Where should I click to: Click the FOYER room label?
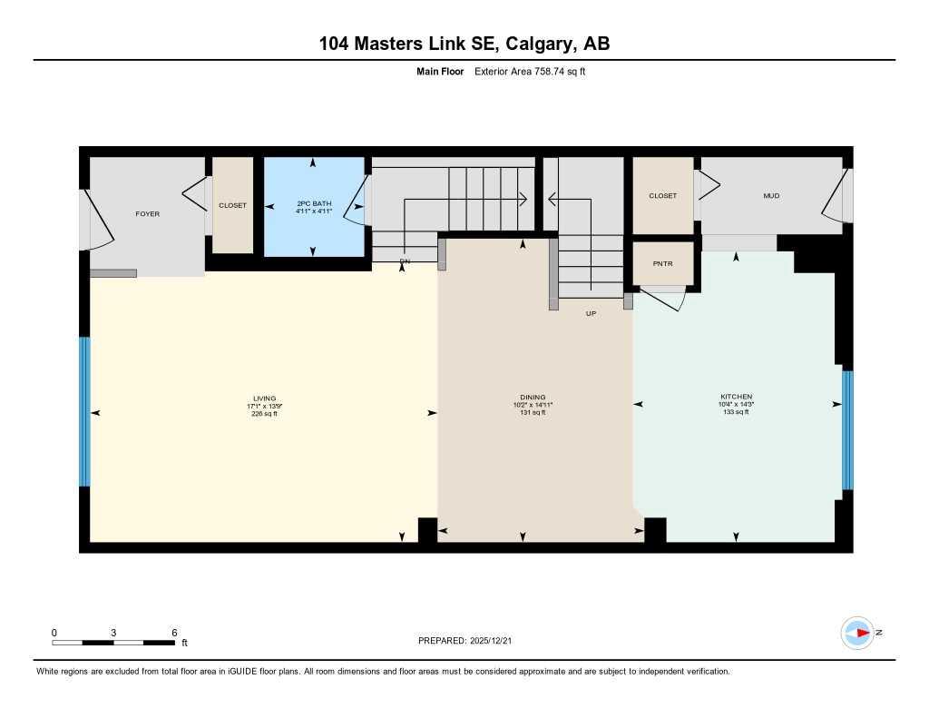coord(147,214)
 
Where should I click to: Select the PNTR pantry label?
coord(662,263)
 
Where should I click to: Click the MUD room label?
coord(771,196)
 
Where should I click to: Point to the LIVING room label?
coord(264,398)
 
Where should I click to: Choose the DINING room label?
coord(533,398)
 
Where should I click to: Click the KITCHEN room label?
coord(736,398)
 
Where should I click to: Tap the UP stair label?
coord(591,313)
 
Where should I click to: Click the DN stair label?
coord(405,261)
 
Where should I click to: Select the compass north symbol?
coord(858,633)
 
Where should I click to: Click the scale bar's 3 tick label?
coord(113,632)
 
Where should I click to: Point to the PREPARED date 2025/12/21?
coord(471,641)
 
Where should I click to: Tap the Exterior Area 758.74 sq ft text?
coord(529,71)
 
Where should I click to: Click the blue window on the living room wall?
coord(84,412)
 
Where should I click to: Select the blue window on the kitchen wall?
coord(847,429)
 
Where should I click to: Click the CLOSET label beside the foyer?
coord(232,205)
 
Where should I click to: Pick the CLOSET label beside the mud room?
coord(662,196)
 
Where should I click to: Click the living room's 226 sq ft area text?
coord(264,413)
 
